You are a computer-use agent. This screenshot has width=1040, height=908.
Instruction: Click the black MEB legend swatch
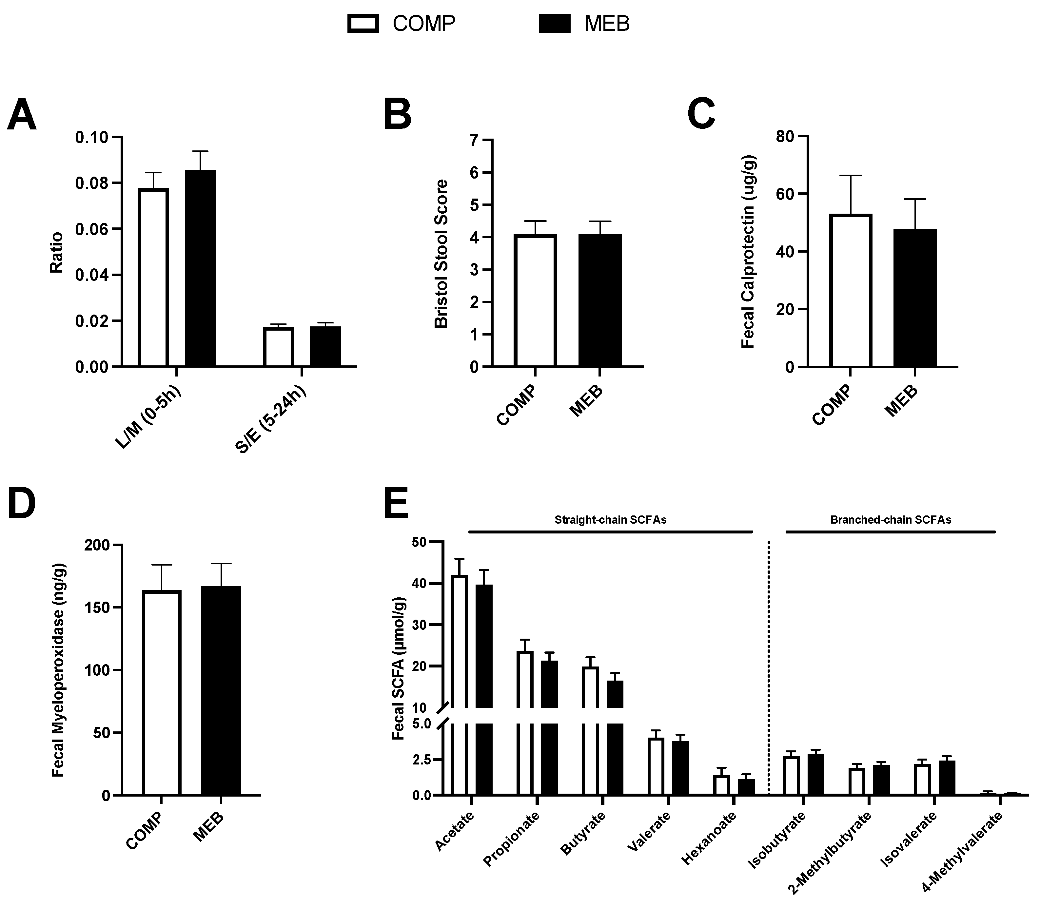click(x=555, y=23)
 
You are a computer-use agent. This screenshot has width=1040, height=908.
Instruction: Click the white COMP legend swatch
click(x=363, y=23)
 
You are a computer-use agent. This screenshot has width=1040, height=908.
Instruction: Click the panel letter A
click(x=22, y=116)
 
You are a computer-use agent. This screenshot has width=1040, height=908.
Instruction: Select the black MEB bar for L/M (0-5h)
click(x=200, y=269)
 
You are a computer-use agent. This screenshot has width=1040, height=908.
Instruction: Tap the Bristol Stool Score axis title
click(x=442, y=253)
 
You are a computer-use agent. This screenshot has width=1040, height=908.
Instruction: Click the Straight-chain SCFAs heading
click(x=610, y=520)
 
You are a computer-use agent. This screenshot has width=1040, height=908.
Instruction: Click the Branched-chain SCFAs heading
click(x=891, y=520)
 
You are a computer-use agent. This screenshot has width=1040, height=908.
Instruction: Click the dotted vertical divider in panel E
click(x=769, y=659)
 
